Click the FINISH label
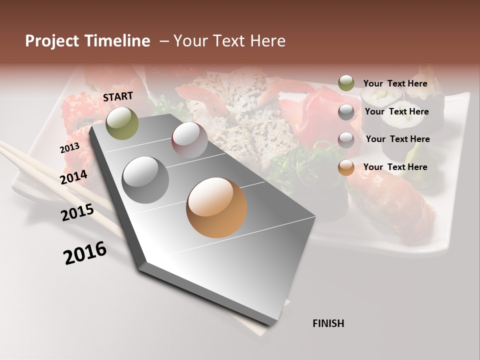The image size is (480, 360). click(328, 323)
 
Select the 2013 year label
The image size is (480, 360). click(69, 148)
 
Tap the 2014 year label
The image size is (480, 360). click(74, 177)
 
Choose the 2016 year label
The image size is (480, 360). click(85, 253)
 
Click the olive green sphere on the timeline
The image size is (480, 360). click(122, 123)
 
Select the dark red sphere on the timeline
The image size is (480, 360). click(189, 140)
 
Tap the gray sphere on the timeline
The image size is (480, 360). click(145, 180)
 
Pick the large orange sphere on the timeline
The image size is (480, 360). click(216, 207)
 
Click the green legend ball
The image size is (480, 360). click(346, 83)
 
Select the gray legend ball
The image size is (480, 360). click(346, 111)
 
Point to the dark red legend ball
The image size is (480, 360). click(346, 139)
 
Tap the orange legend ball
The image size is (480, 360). click(346, 167)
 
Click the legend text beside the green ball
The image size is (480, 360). click(395, 83)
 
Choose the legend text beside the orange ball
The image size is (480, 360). click(395, 167)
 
